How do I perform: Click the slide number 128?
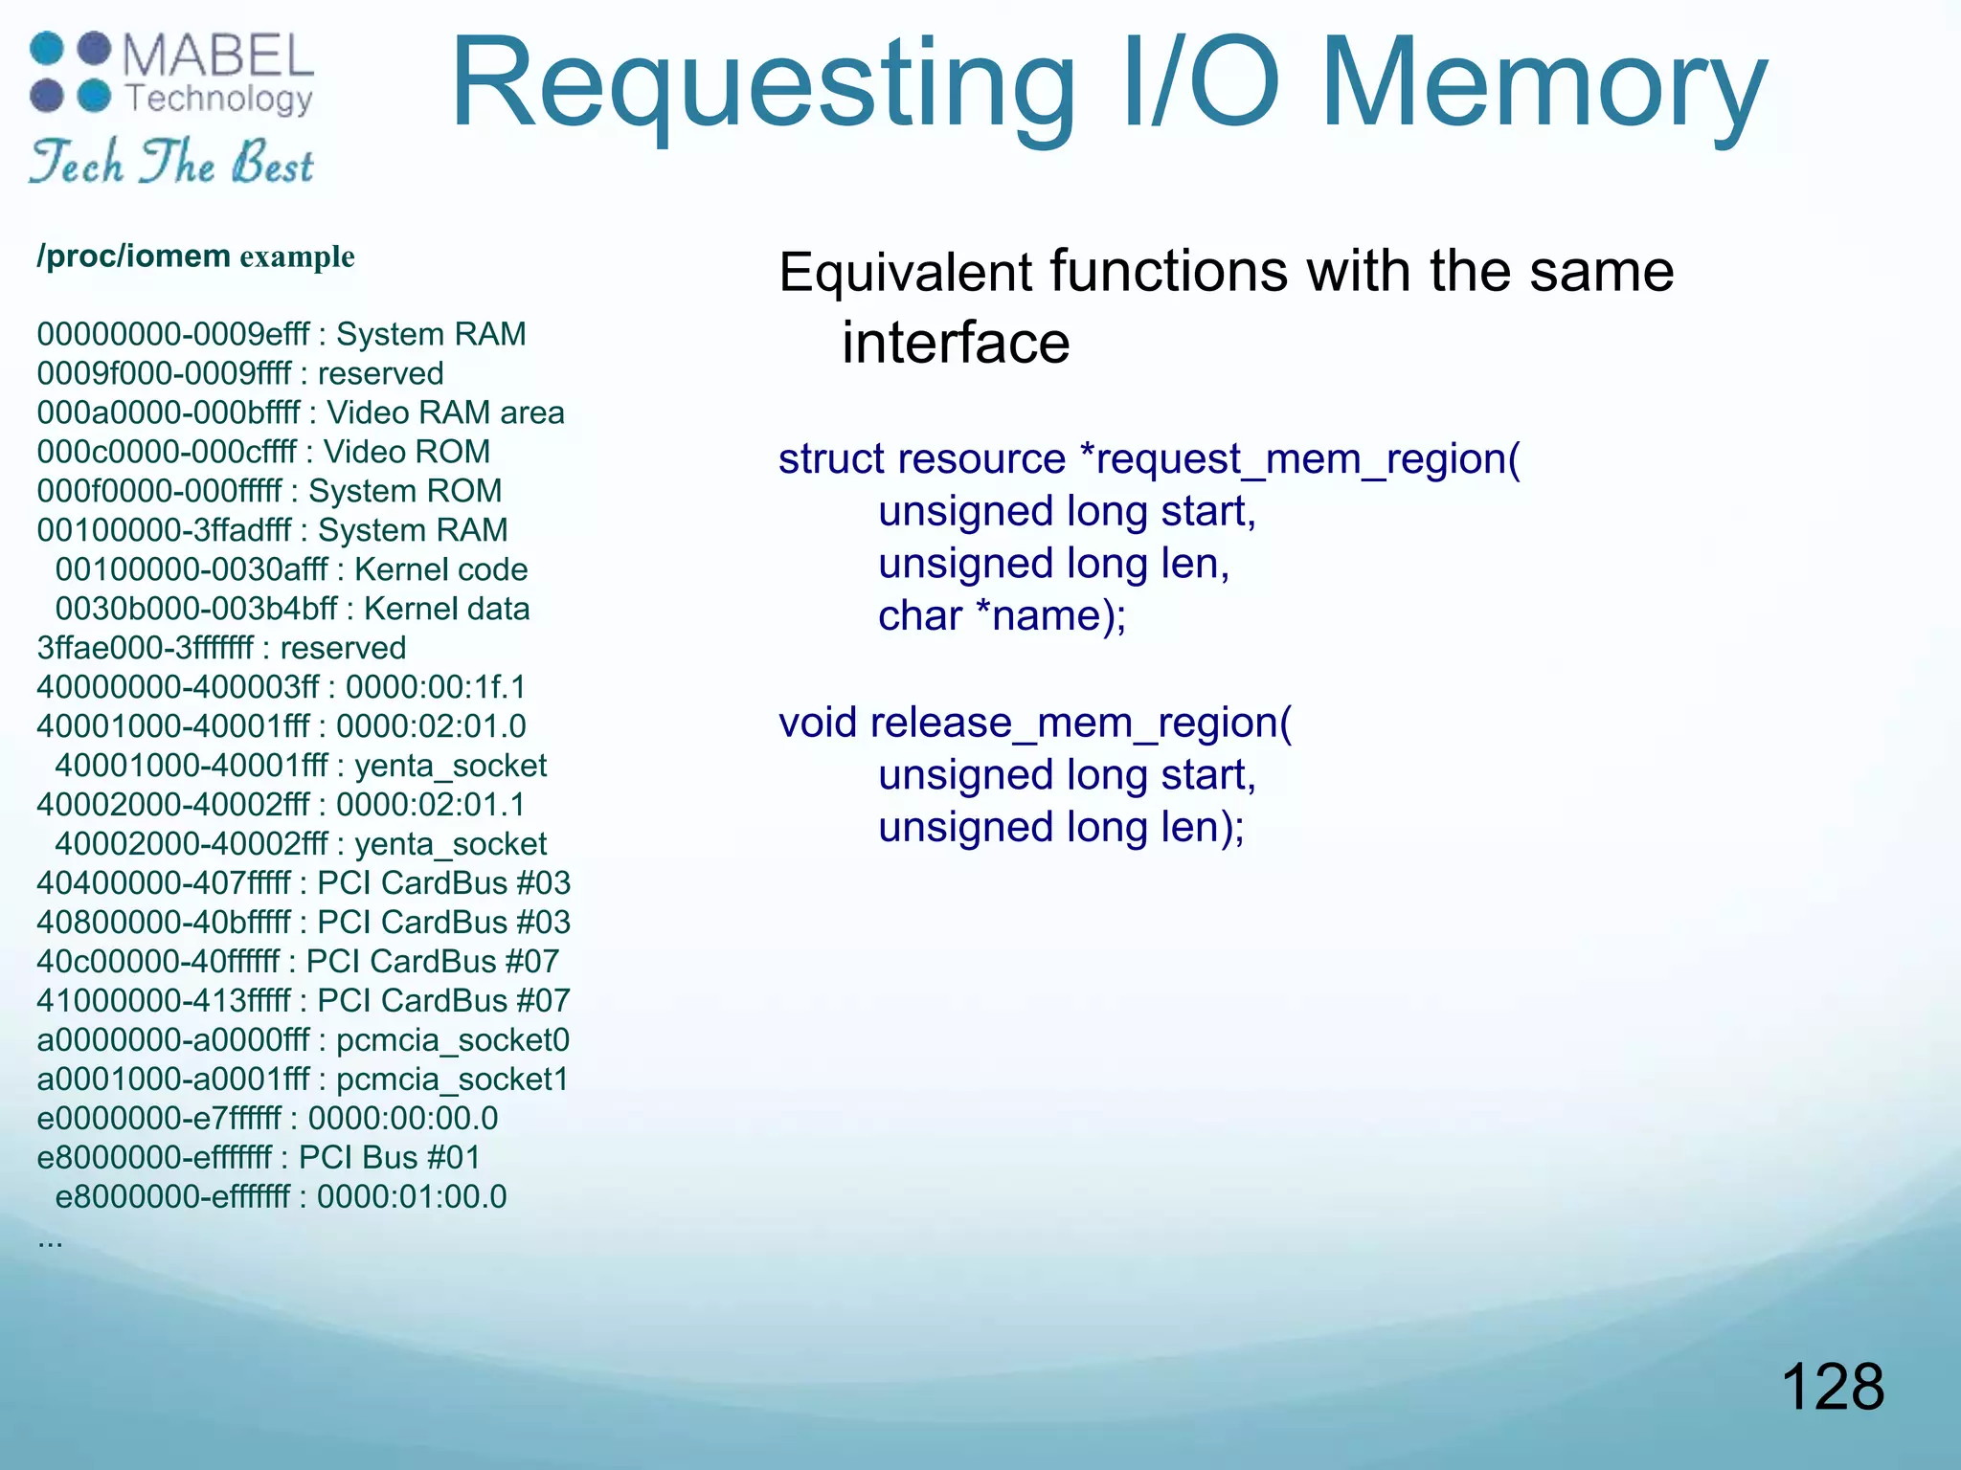click(x=1832, y=1387)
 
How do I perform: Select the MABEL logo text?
click(x=218, y=57)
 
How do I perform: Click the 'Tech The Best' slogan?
click(x=170, y=162)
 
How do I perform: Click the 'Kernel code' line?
click(x=291, y=569)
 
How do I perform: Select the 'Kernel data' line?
click(x=292, y=609)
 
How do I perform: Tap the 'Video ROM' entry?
click(x=263, y=452)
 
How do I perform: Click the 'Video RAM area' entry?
click(x=301, y=412)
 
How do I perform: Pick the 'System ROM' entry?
click(x=269, y=491)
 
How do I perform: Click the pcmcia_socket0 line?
click(x=303, y=1039)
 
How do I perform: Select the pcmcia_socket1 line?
click(x=303, y=1079)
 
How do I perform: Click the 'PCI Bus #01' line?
click(x=259, y=1157)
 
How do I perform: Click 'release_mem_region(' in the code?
click(x=1081, y=723)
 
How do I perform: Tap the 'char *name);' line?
click(x=1002, y=616)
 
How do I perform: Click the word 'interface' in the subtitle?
click(x=955, y=343)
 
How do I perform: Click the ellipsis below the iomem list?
click(x=50, y=1242)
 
